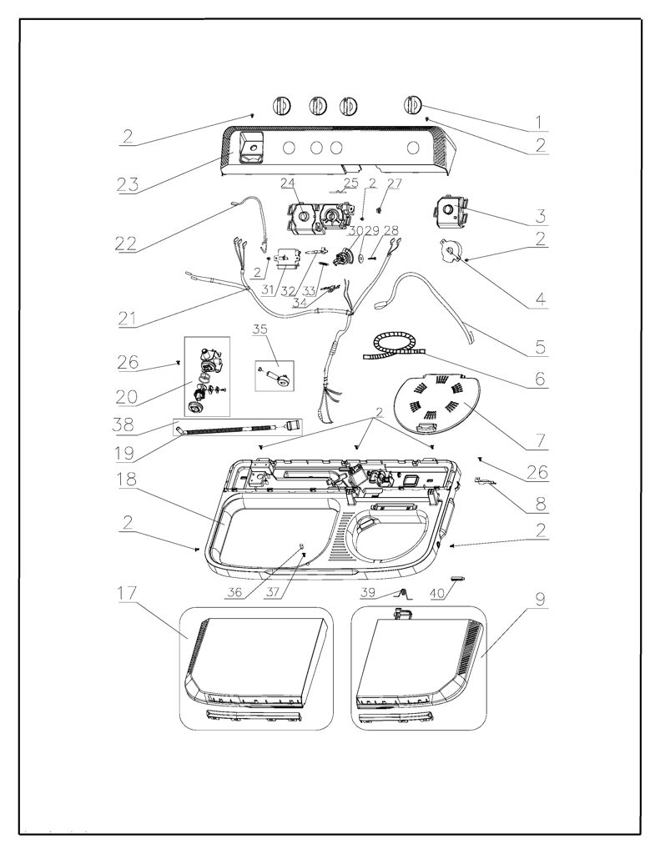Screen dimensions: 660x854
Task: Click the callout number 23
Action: [128, 184]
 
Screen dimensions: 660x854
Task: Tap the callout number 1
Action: [538, 122]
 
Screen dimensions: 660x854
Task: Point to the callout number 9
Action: [540, 600]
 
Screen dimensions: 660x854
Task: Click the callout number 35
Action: [260, 329]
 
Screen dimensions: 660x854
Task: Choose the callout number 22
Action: [126, 243]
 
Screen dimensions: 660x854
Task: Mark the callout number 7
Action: [540, 439]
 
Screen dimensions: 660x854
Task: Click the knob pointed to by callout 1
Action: [413, 104]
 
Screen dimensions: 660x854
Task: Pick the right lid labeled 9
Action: [419, 665]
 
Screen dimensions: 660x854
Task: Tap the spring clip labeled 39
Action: [404, 593]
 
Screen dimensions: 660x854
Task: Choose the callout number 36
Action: [234, 592]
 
